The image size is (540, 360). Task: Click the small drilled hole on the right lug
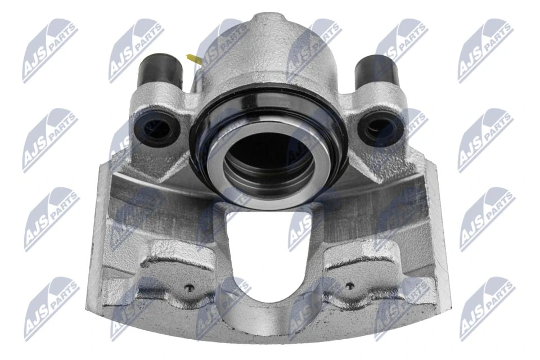coord(350,286)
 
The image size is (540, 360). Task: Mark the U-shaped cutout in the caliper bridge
coord(269,253)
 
